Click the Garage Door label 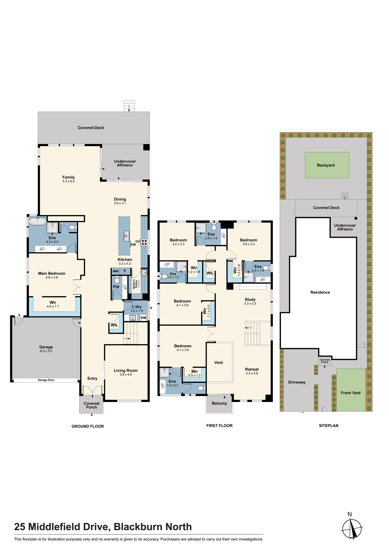coord(46,380)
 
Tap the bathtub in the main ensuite coord(38,221)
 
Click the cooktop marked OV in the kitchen coord(144,242)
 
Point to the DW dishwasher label coord(133,244)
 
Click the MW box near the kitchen coord(116,271)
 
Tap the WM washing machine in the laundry coord(143,318)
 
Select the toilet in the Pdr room coord(117,280)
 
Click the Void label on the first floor coord(218,362)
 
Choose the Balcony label coord(219,403)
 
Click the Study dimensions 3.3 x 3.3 coord(250,304)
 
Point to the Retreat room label coord(252,369)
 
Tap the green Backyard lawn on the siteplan coord(327,165)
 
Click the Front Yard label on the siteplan coord(350,393)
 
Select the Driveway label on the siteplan coord(297,382)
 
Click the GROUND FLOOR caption coord(88,426)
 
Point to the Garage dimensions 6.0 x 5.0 coord(46,351)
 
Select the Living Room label coord(126,370)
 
